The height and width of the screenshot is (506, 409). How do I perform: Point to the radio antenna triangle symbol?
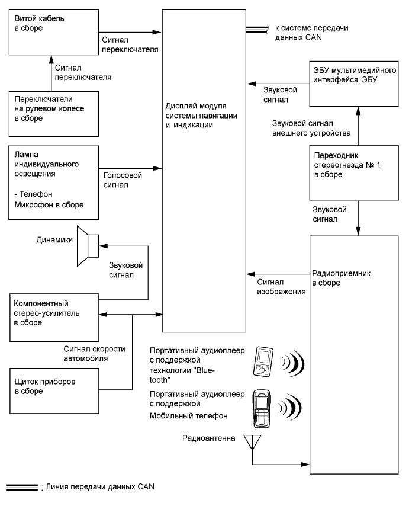click(253, 441)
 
